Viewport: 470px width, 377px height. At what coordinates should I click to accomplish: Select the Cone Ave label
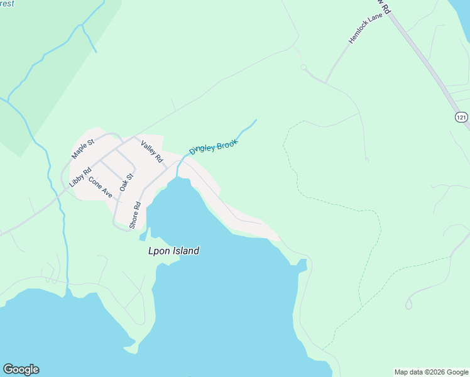tap(100, 187)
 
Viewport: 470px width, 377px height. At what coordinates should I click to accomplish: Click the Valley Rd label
tap(151, 150)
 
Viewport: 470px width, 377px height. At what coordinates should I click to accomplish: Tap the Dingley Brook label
tap(214, 147)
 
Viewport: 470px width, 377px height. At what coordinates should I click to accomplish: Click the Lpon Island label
tap(169, 251)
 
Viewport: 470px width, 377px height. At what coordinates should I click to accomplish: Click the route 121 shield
tap(462, 117)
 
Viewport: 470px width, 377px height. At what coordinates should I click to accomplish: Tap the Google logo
tap(21, 369)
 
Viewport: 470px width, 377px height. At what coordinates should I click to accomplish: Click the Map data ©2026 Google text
tap(432, 372)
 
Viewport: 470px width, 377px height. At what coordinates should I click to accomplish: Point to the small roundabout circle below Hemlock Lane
tap(303, 67)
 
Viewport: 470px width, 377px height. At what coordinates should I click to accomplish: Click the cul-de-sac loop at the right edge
tap(408, 305)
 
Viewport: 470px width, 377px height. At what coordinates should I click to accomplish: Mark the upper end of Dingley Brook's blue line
tap(256, 119)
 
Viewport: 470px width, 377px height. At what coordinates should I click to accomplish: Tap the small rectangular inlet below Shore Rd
tap(143, 236)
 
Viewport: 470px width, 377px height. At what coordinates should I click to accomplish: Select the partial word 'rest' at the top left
tap(8, 3)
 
